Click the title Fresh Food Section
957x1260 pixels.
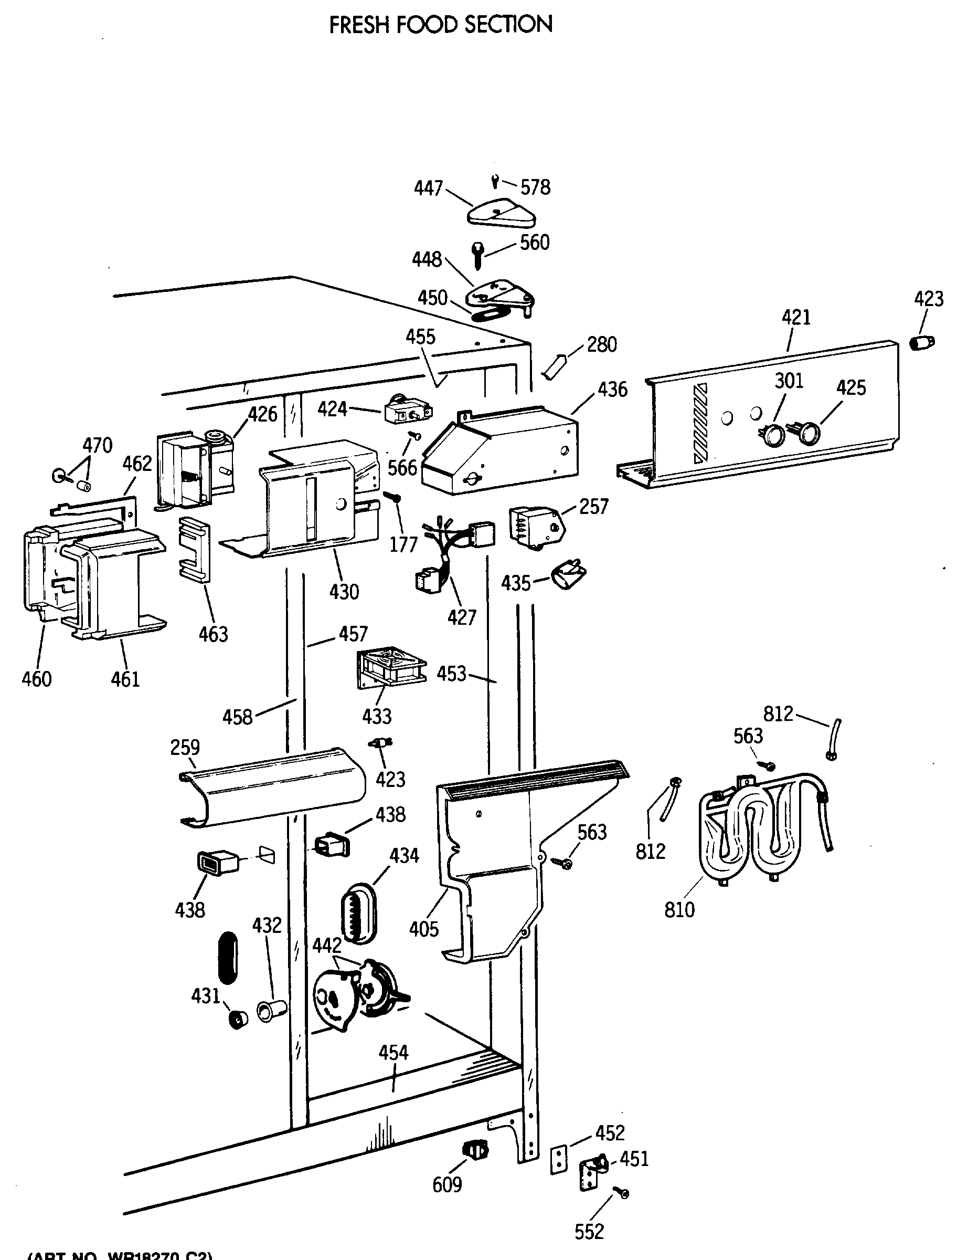click(440, 25)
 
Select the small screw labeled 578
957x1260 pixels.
click(495, 182)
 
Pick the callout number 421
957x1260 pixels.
click(795, 317)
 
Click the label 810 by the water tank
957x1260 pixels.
click(679, 909)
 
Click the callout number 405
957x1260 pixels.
click(424, 929)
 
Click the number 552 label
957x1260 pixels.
click(589, 1232)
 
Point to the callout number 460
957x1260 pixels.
click(36, 679)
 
